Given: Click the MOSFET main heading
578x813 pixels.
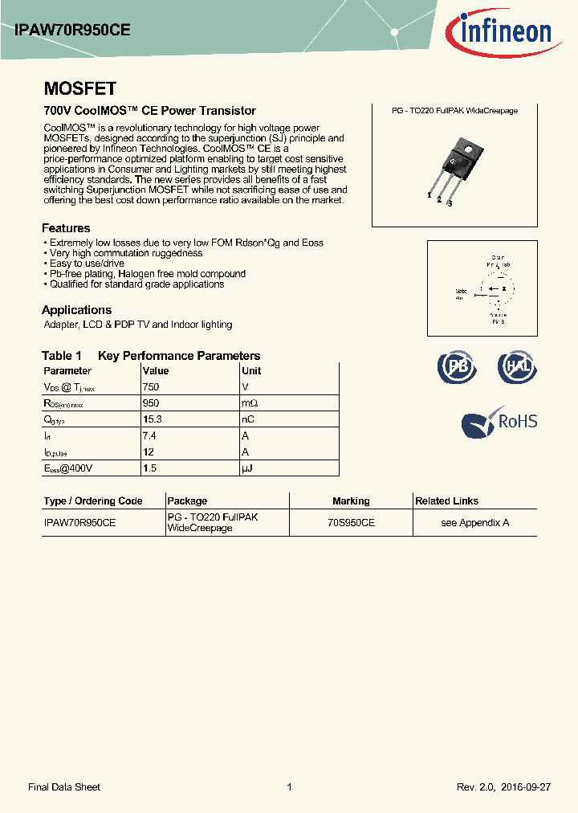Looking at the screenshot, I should pyautogui.click(x=79, y=89).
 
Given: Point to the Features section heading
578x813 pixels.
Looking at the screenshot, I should pyautogui.click(x=66, y=228).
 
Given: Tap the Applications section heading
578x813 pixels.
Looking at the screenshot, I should pyautogui.click(x=76, y=310).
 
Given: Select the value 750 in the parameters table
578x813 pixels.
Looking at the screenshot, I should pyautogui.click(x=151, y=387).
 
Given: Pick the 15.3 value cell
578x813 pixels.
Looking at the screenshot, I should pyautogui.click(x=153, y=419).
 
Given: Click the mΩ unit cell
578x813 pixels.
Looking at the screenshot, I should pyautogui.click(x=250, y=403).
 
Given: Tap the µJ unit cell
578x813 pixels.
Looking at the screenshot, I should pyautogui.click(x=247, y=468).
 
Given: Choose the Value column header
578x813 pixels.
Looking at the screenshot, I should pyautogui.click(x=156, y=371).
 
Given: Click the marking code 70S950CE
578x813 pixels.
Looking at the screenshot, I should pyautogui.click(x=351, y=522).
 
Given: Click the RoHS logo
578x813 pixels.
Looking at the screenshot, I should pyautogui.click(x=499, y=422).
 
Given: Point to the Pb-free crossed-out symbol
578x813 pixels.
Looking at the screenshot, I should pyautogui.click(x=456, y=367).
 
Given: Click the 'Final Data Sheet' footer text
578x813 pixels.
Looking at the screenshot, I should pyautogui.click(x=64, y=787).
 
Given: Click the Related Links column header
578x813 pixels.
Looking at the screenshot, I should pyautogui.click(x=446, y=501).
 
